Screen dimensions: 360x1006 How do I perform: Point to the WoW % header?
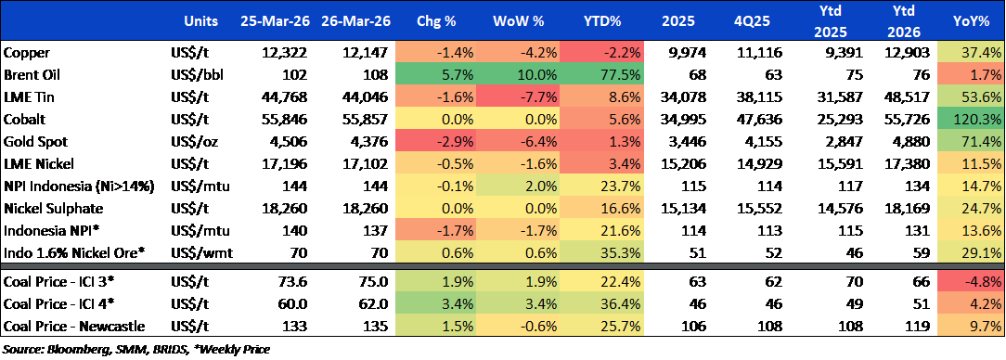(514, 20)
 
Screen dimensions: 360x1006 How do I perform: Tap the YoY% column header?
(972, 20)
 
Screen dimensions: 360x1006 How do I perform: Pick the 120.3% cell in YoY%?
(972, 120)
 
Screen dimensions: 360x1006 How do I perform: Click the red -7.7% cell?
(514, 97)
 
